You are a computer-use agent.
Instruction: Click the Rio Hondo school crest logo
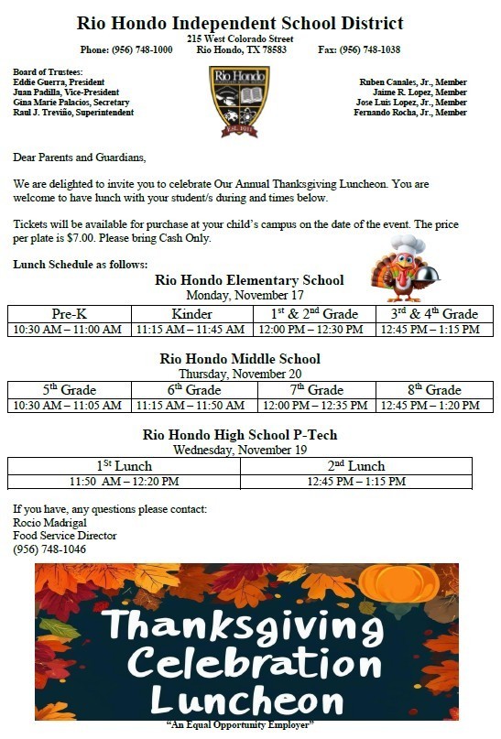[x=239, y=100]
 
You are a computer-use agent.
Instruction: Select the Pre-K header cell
[x=70, y=314]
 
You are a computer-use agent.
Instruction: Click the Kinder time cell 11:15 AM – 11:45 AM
[x=191, y=330]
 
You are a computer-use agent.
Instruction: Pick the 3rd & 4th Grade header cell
[x=434, y=314]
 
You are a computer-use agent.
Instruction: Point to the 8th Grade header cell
[x=434, y=390]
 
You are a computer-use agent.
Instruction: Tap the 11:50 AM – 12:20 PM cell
[x=125, y=482]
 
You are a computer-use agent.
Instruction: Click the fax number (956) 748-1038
[x=370, y=49]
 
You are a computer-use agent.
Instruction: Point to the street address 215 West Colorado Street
[x=240, y=39]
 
